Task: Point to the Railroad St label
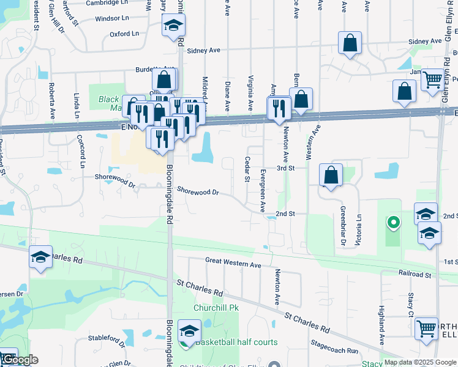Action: pyautogui.click(x=415, y=275)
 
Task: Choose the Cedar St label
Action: pyautogui.click(x=247, y=169)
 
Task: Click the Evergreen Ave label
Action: pyautogui.click(x=263, y=182)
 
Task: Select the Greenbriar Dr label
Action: pyautogui.click(x=343, y=226)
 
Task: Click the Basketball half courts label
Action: pyautogui.click(x=236, y=342)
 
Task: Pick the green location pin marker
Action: pyautogui.click(x=392, y=223)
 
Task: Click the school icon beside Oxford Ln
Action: pyautogui.click(x=174, y=26)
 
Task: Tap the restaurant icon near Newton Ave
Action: pyautogui.click(x=279, y=108)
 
